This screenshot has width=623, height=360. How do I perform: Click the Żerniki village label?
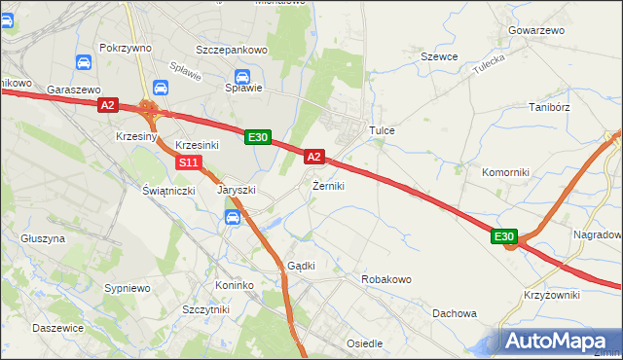pos(328,185)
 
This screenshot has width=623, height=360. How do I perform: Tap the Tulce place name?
pos(380,129)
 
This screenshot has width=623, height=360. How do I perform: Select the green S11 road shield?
pos(191,162)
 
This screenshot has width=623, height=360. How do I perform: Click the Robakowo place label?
pos(386,279)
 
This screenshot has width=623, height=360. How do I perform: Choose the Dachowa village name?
pos(455,313)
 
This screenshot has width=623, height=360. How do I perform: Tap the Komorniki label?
pos(505,172)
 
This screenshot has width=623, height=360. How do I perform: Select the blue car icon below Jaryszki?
pos(233,219)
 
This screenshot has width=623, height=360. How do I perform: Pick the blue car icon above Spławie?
pos(244,77)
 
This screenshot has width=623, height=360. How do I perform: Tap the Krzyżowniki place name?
pos(551,295)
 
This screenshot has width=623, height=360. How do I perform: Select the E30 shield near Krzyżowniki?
pos(503,237)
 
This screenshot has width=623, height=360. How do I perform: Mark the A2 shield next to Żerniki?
pos(313,156)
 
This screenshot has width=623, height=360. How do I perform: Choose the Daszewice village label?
pos(57,328)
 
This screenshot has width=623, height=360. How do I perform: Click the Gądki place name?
pos(300,266)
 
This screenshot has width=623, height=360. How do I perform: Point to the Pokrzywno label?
pos(123,47)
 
